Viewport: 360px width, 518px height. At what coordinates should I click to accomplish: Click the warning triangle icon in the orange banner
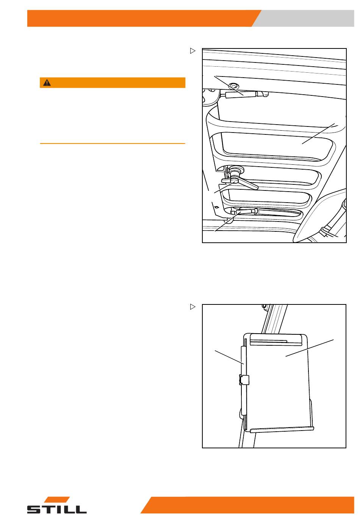click(47, 83)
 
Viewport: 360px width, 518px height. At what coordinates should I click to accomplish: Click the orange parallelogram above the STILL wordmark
click(57, 499)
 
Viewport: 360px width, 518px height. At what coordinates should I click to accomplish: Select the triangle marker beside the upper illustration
click(193, 51)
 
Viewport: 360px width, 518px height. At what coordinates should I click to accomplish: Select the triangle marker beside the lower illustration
click(193, 307)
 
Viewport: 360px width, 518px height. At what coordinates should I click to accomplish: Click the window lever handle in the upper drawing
click(241, 182)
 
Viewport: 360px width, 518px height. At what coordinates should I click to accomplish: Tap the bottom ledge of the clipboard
click(282, 429)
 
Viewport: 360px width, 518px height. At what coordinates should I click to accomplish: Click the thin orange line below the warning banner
click(113, 144)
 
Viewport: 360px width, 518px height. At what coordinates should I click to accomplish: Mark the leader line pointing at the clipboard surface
click(310, 348)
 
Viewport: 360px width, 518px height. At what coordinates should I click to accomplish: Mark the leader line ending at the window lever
click(225, 187)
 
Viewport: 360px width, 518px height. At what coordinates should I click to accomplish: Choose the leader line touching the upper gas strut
click(229, 86)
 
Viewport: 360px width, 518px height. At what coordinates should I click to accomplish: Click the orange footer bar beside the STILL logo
click(247, 505)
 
